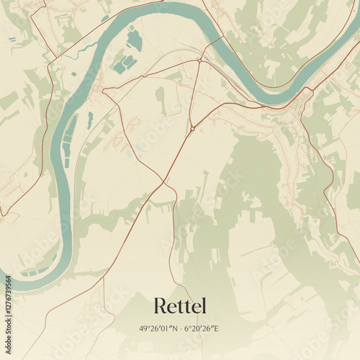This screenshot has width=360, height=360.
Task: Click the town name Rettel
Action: pos(179,307)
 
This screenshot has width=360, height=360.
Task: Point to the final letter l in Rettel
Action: pos(203,306)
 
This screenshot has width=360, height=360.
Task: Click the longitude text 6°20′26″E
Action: pos(202,328)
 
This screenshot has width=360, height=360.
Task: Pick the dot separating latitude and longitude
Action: pos(180,328)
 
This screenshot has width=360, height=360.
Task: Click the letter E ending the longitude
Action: pos(217,328)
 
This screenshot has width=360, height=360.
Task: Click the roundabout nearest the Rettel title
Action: pos(192,128)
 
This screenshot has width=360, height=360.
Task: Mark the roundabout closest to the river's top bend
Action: pos(199,61)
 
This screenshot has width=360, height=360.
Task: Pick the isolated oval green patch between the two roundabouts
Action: pos(160,101)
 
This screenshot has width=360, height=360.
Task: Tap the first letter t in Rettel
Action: pos(183,307)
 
